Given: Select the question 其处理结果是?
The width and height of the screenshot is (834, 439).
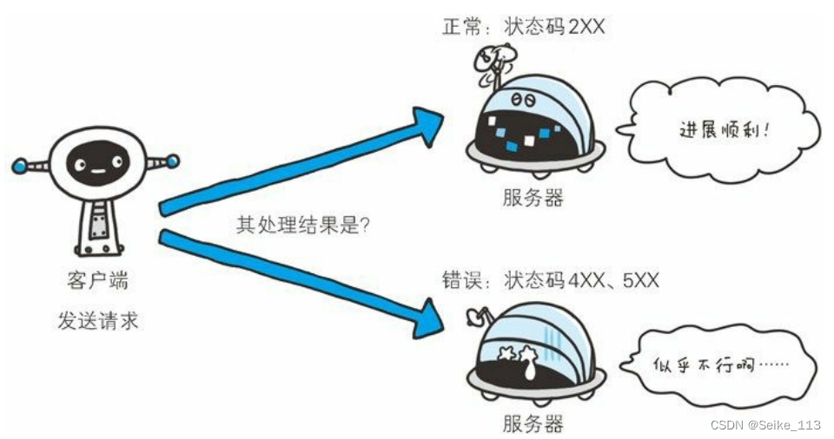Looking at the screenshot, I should tap(304, 223).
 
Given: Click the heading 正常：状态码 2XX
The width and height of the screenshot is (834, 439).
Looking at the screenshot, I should tap(523, 27).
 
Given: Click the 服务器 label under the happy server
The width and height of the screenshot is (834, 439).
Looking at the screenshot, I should tap(533, 198).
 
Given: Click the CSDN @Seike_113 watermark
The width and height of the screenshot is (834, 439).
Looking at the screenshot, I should tap(764, 424).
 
